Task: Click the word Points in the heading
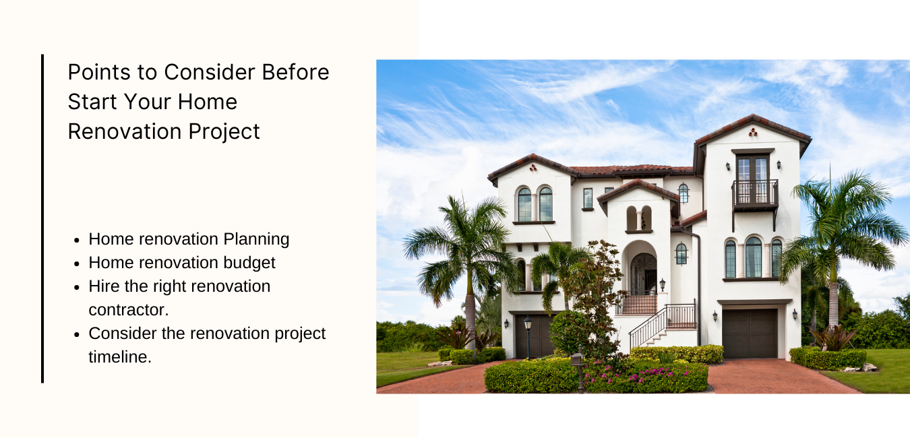(98, 72)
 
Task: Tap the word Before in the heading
(295, 72)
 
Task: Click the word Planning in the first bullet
(256, 239)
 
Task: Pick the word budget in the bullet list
(249, 263)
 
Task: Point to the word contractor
(128, 310)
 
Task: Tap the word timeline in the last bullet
(120, 357)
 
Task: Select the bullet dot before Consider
(78, 335)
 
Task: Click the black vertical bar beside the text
(42, 218)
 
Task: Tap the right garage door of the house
(750, 334)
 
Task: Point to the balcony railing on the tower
(755, 193)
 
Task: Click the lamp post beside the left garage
(528, 338)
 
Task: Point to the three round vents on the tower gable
(753, 132)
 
